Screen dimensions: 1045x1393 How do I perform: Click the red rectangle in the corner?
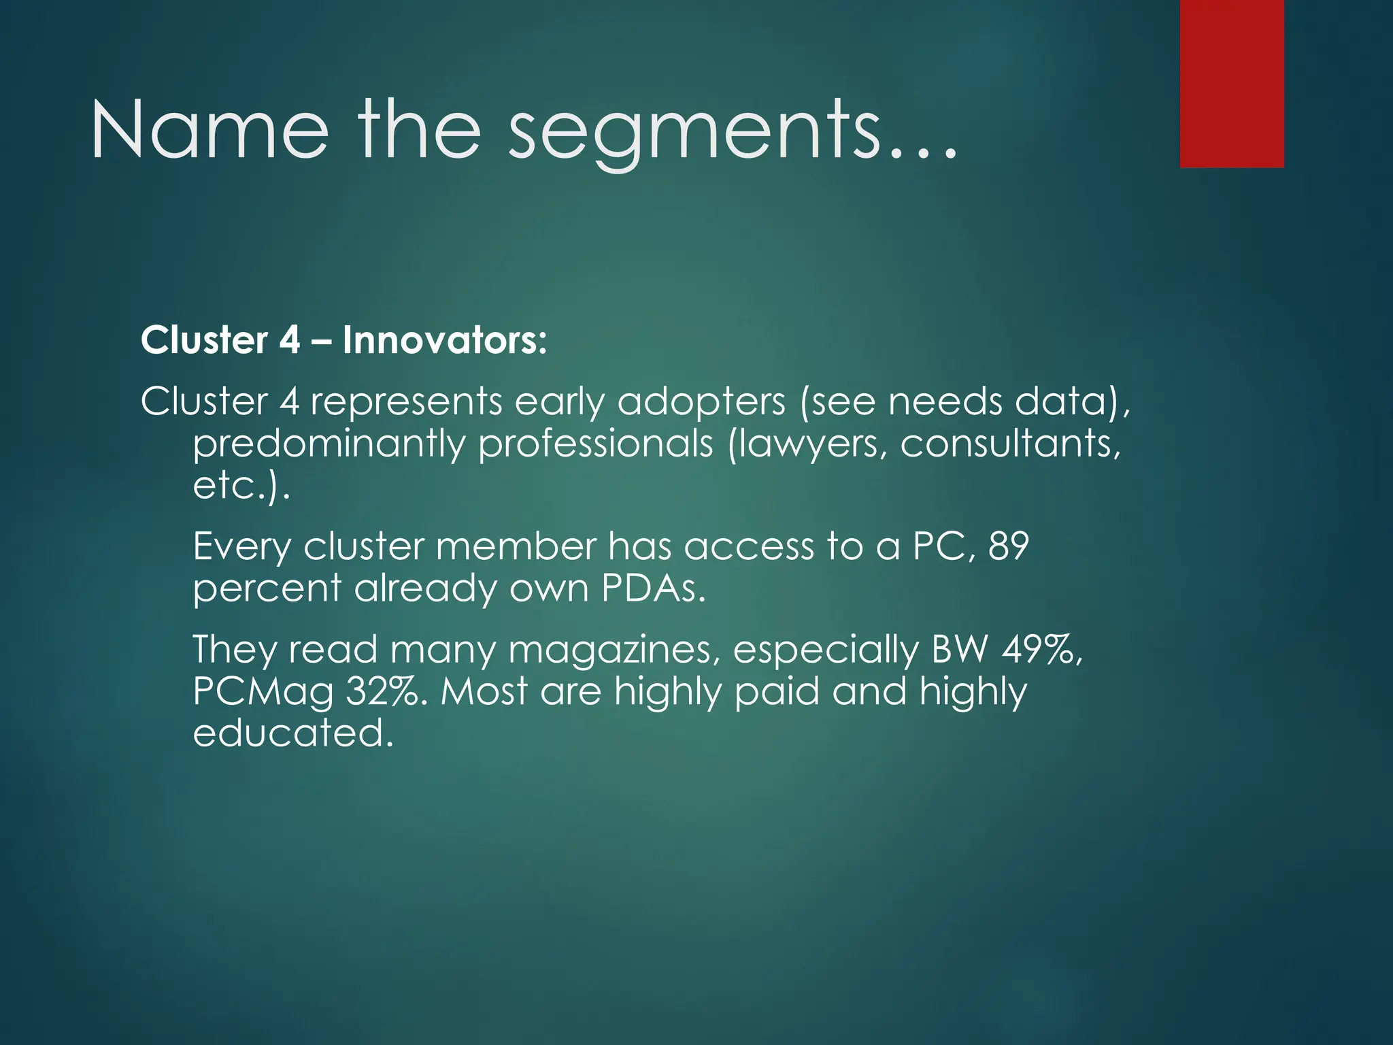click(1232, 83)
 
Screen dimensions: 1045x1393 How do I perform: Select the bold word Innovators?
click(444, 340)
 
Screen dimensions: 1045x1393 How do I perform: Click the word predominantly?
click(329, 445)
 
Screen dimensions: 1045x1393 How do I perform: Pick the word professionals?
click(595, 445)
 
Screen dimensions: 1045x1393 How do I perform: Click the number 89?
click(1007, 546)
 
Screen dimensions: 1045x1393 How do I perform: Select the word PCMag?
click(263, 693)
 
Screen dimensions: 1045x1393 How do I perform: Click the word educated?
click(292, 733)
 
